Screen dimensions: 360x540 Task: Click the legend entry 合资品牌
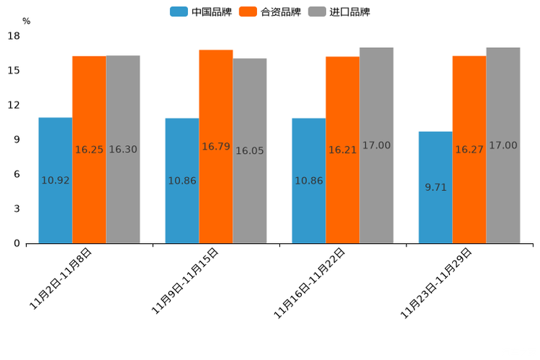point(280,12)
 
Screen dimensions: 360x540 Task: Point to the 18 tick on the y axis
point(15,36)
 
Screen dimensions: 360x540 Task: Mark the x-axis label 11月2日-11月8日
point(61,279)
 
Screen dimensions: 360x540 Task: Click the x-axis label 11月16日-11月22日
point(309,282)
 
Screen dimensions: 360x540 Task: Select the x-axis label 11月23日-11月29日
point(436,282)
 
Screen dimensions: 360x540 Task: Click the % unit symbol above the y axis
point(26,21)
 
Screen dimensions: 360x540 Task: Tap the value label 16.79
point(216,147)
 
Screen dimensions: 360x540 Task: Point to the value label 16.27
point(470,150)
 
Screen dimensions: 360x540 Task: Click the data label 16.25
point(89,150)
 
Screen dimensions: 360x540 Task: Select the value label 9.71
point(435,187)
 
